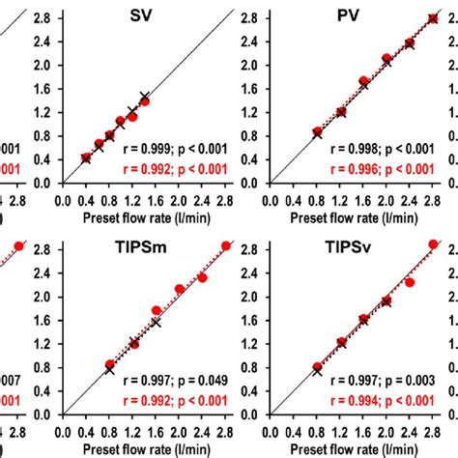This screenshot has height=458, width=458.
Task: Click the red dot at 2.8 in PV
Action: [433, 18]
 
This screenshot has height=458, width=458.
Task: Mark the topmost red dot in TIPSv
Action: [433, 245]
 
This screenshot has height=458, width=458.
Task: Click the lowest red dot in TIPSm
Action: [109, 365]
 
